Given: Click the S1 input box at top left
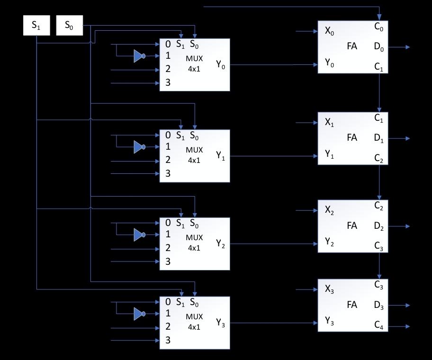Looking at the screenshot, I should click(36, 26).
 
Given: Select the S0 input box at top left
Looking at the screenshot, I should click(69, 26).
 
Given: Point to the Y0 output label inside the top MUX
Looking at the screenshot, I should click(221, 65).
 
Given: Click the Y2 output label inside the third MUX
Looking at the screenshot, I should click(221, 244).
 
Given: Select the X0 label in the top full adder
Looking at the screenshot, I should click(329, 32).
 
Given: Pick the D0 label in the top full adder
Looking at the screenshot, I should click(378, 47).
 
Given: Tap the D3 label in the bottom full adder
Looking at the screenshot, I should click(378, 306).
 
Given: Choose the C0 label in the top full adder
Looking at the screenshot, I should click(378, 27).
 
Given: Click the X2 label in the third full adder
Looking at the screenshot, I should click(329, 210).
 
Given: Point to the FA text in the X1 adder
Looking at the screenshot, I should click(352, 138).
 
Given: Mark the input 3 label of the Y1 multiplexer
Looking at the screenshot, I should click(168, 173).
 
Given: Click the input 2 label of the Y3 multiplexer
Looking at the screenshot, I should click(168, 326).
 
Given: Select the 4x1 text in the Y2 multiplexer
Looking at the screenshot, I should click(194, 248).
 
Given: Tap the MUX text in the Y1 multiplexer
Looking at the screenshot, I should click(194, 150).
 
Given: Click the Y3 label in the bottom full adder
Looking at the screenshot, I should click(329, 322).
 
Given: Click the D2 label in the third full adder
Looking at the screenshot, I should click(378, 226).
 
